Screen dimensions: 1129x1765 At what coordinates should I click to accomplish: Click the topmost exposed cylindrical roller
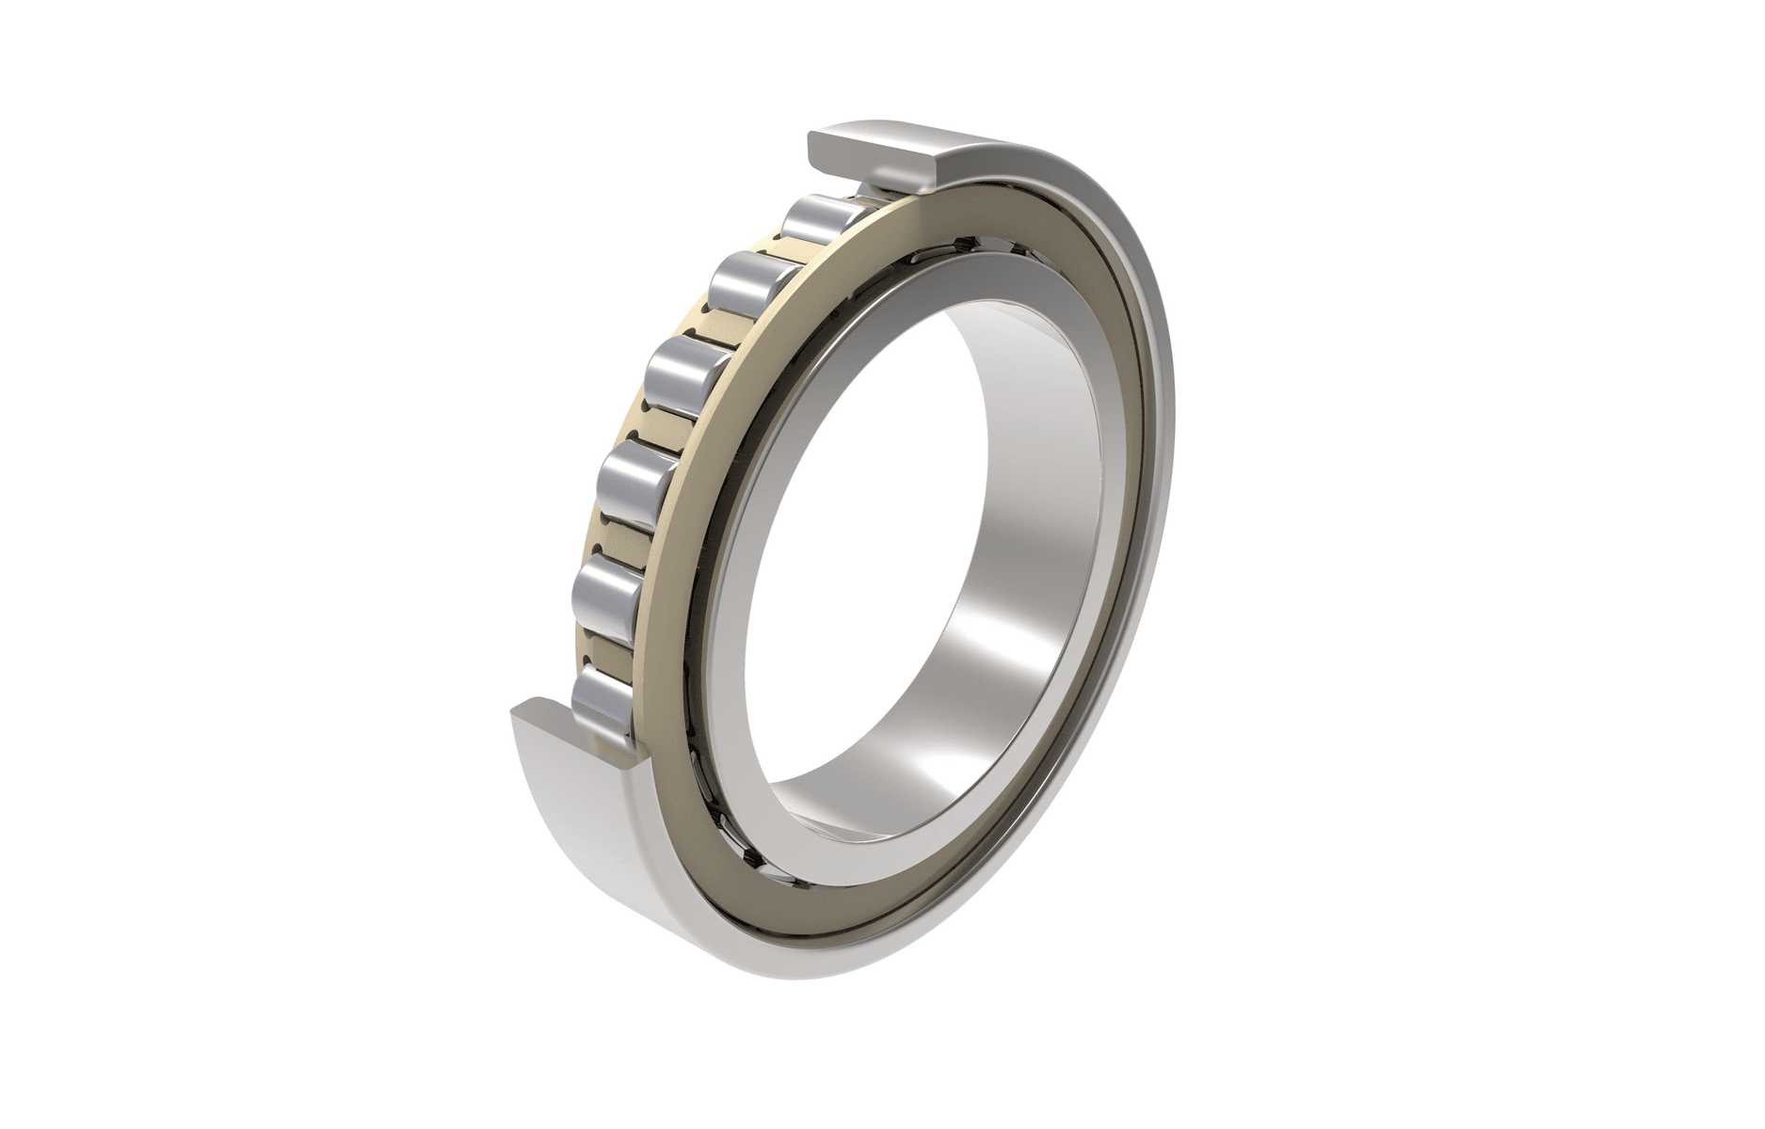(x=817, y=220)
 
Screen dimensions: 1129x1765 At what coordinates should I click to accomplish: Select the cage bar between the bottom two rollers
(x=602, y=649)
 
